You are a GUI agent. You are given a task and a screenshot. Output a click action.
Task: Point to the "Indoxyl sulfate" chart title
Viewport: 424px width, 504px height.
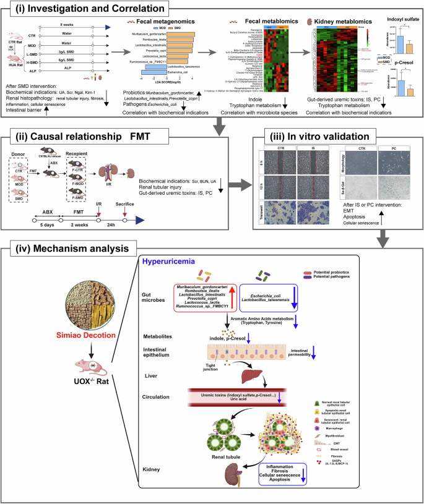tap(399, 20)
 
